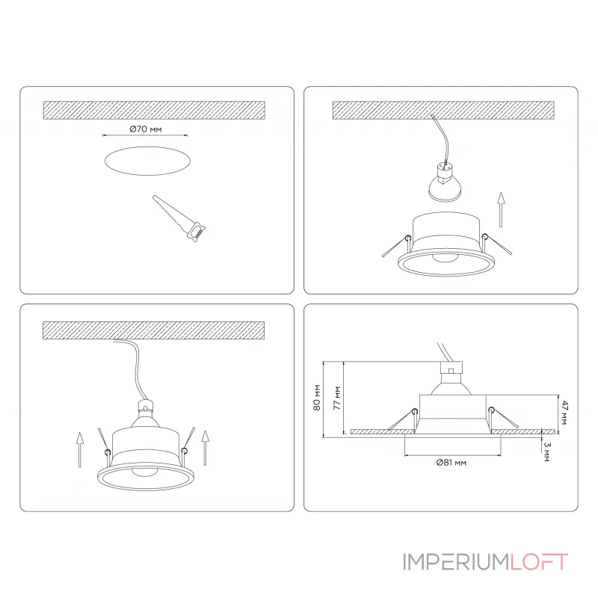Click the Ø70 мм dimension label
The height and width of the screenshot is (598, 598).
point(146,129)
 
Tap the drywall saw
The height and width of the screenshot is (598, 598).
point(179,218)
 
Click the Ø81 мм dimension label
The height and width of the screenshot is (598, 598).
point(451,463)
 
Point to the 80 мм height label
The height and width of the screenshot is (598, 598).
point(317,398)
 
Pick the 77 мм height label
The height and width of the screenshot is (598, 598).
point(337,398)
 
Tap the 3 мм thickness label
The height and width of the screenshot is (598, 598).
point(547,452)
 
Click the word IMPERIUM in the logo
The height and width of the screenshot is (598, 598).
point(456,562)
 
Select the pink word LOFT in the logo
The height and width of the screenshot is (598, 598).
point(539,562)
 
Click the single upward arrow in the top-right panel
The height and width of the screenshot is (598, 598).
point(501,210)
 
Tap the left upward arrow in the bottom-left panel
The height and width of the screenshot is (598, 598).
point(79,450)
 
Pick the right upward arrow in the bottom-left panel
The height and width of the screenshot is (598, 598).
point(205,448)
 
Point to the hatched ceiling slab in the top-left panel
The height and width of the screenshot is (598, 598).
point(154,110)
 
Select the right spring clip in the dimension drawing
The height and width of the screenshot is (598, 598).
point(503,418)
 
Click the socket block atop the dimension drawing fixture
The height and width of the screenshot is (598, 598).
point(451,367)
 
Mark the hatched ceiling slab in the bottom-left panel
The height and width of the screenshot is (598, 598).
point(154,330)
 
